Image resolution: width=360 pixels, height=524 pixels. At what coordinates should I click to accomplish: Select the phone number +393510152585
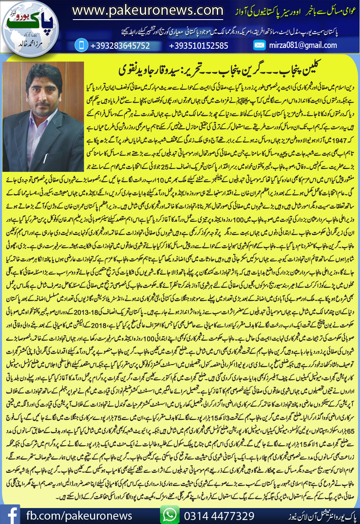click(x=198, y=46)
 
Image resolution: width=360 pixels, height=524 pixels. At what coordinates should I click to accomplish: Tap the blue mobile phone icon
click(x=81, y=45)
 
